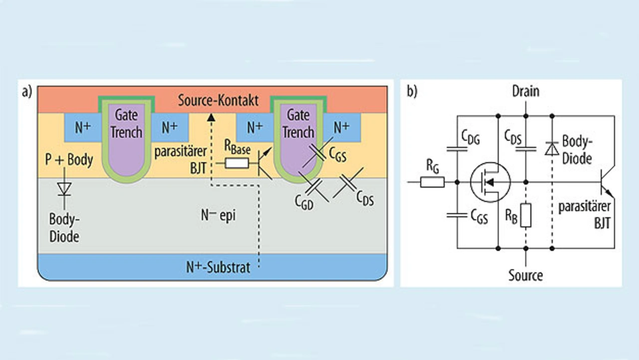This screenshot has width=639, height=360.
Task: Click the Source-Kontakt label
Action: pyautogui.click(x=218, y=100)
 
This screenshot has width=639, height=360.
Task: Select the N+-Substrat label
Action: pyautogui.click(x=218, y=267)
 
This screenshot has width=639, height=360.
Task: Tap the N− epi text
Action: pyautogui.click(x=218, y=216)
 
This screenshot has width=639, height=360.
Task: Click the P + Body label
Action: pyautogui.click(x=68, y=160)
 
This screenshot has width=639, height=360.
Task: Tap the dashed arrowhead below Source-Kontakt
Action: pyautogui.click(x=211, y=117)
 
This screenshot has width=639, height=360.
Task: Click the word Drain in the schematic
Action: pyautogui.click(x=526, y=91)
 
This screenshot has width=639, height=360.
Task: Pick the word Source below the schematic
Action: pyautogui.click(x=526, y=275)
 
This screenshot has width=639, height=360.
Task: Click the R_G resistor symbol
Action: pyautogui.click(x=432, y=182)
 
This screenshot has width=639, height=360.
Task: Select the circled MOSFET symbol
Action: pyautogui.click(x=490, y=182)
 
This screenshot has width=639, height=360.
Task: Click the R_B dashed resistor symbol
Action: pyautogui.click(x=526, y=215)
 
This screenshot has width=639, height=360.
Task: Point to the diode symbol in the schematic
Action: pyautogui.click(x=552, y=148)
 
